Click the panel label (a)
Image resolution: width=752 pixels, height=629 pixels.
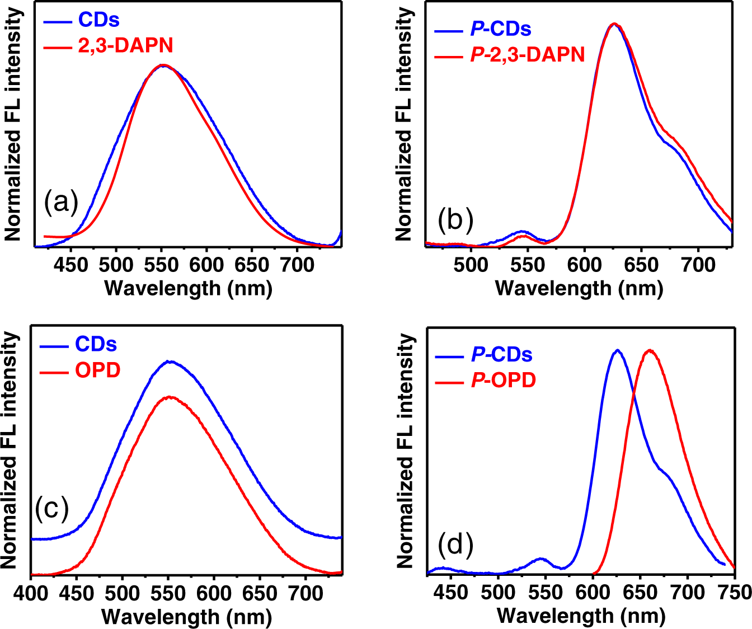tap(61, 202)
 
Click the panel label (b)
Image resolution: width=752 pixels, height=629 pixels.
tap(455, 219)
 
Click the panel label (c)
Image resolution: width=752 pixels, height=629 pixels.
tap(51, 508)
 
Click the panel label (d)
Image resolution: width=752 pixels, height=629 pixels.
tap(455, 544)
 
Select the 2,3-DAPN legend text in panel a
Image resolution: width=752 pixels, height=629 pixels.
tap(125, 45)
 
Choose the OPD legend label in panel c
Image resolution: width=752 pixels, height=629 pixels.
tap(97, 370)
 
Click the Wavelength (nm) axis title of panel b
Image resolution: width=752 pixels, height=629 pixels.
tap(579, 288)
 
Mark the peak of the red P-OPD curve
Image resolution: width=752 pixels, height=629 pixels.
tap(650, 351)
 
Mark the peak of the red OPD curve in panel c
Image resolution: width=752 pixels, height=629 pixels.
tap(168, 397)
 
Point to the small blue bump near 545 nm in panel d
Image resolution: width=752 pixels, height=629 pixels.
tap(540, 558)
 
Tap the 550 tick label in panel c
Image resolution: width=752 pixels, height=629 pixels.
tap(168, 593)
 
